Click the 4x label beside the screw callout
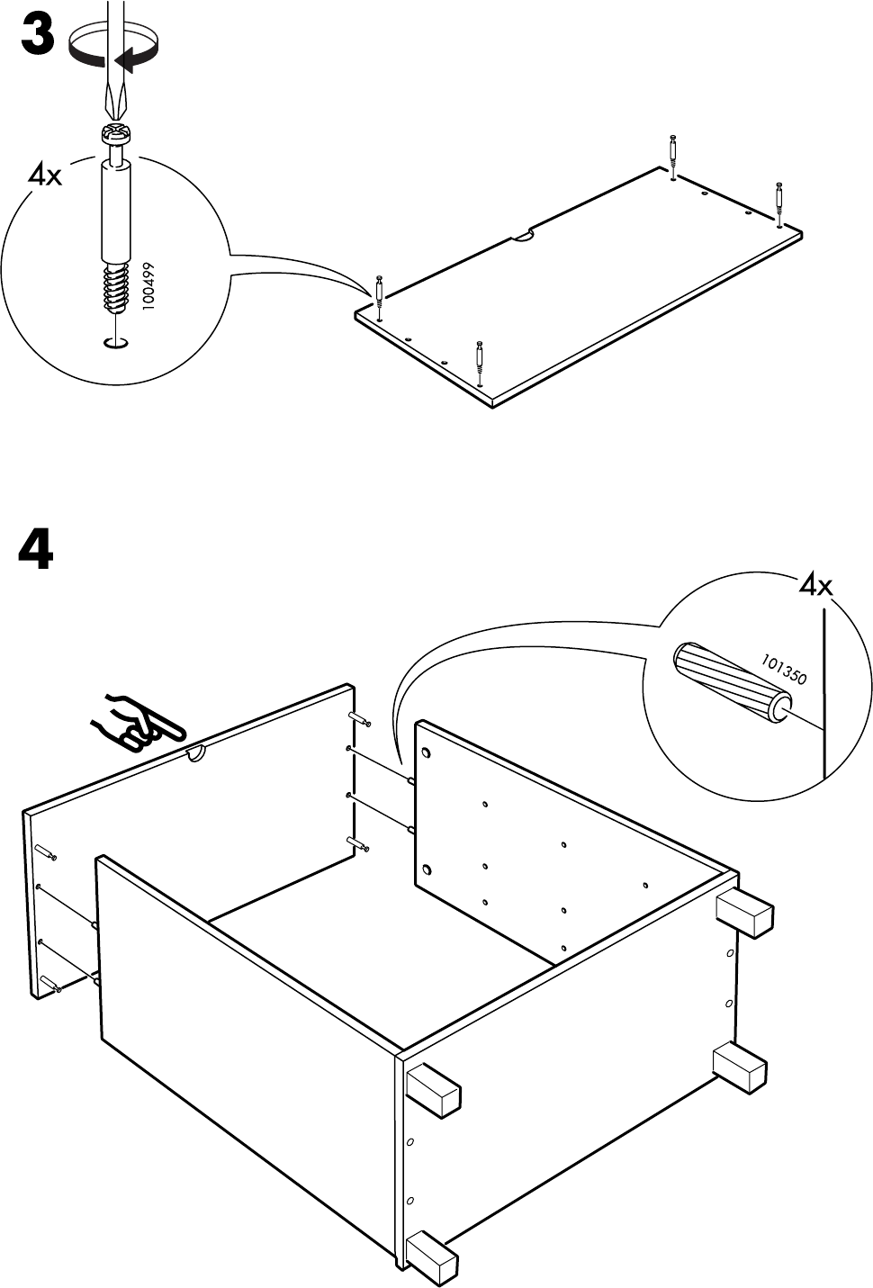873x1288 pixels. (x=45, y=175)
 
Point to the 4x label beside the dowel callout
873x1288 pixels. (x=815, y=587)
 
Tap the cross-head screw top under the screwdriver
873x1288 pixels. (x=116, y=139)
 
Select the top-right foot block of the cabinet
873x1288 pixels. (x=744, y=914)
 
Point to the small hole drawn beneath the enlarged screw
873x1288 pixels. (x=116, y=343)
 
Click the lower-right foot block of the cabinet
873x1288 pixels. (x=740, y=1067)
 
